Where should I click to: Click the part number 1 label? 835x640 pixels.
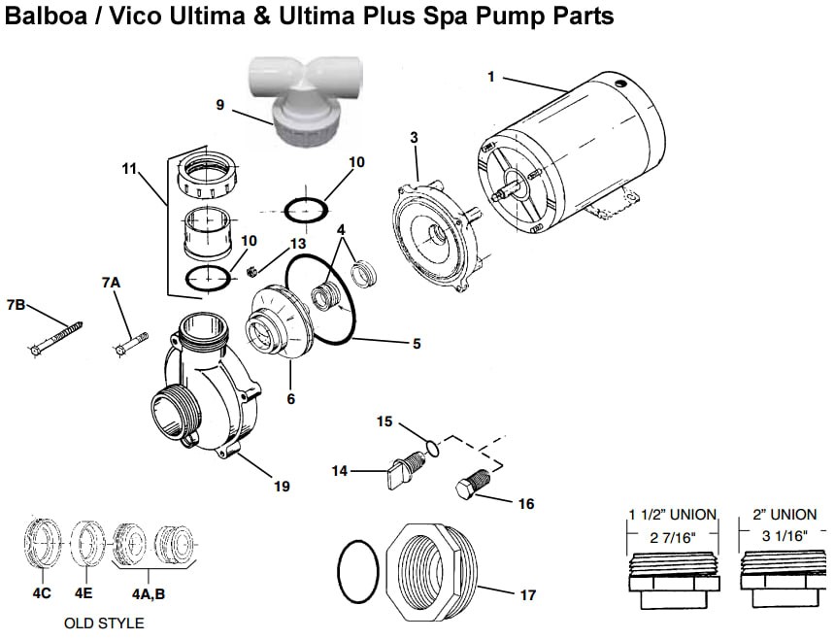point(491,77)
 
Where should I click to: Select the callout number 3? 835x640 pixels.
point(414,137)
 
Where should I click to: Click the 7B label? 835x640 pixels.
point(16,305)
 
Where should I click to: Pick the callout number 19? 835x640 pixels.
point(281,486)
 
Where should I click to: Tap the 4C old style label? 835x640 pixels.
point(41,589)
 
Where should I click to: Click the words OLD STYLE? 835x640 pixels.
point(104,623)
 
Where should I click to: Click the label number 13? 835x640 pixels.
point(297,243)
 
